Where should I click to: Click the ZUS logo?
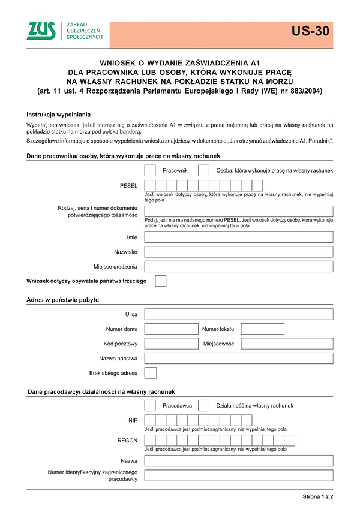pos(41,31)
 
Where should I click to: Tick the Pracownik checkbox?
pos(150,171)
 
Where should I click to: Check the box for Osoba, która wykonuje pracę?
pos(203,171)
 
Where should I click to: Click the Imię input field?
pos(239,237)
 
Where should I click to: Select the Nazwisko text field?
pos(239,252)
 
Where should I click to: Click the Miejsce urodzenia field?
pos(239,266)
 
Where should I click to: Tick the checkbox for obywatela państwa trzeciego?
pos(160,281)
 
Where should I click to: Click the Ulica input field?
pos(239,314)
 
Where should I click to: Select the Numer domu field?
pos(171,329)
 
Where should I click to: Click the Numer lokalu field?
pos(262,329)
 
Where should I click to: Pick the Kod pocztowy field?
pos(171,344)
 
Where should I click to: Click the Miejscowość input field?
pos(287,344)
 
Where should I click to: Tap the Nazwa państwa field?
pos(239,358)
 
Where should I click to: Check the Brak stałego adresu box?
pos(151,373)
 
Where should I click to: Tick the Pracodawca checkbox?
pos(150,405)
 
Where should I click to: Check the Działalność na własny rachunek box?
pos(203,405)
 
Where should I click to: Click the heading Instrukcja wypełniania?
pos(58,114)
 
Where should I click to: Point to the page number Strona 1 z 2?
pos(317,497)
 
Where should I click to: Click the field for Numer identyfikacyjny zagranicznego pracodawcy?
pos(239,475)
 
